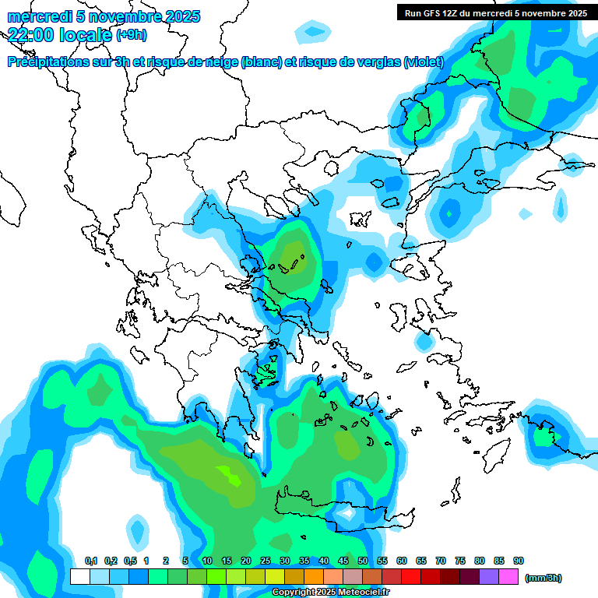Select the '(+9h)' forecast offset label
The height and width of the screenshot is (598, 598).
(x=131, y=35)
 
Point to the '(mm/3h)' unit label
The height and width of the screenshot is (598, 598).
(x=543, y=578)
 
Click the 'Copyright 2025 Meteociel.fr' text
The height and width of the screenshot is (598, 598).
(x=330, y=593)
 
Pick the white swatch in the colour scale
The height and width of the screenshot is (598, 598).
(x=79, y=577)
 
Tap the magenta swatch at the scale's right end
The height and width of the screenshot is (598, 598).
(x=509, y=577)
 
